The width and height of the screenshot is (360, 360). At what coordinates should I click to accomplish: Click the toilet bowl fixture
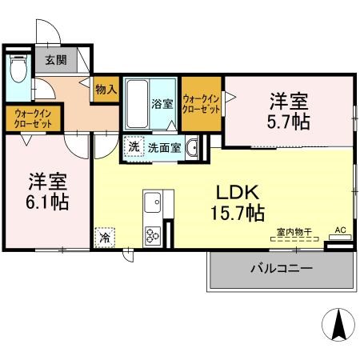pyautogui.click(x=18, y=68)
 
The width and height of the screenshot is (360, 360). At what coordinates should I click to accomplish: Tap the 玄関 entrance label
pyautogui.click(x=56, y=60)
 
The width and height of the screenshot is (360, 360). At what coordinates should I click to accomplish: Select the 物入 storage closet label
pyautogui.click(x=106, y=90)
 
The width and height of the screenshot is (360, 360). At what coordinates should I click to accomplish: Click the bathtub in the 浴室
pyautogui.click(x=138, y=104)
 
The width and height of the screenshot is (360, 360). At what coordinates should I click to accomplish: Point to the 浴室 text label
pyautogui.click(x=162, y=104)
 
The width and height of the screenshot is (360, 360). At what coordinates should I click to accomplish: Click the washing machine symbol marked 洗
pyautogui.click(x=134, y=146)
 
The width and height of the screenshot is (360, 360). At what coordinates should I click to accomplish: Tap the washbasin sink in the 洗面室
pyautogui.click(x=192, y=147)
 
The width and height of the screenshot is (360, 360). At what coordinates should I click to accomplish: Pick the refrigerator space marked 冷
pyautogui.click(x=105, y=238)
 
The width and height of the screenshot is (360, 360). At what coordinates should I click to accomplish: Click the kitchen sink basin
pyautogui.click(x=153, y=202)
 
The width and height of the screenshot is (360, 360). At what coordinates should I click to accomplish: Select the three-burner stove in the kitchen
pyautogui.click(x=153, y=235)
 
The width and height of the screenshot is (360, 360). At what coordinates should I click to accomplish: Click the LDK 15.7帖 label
pyautogui.click(x=238, y=203)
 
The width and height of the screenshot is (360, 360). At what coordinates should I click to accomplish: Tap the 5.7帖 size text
pyautogui.click(x=289, y=122)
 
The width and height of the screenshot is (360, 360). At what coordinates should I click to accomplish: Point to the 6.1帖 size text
pyautogui.click(x=47, y=202)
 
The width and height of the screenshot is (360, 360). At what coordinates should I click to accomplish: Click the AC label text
pyautogui.click(x=340, y=230)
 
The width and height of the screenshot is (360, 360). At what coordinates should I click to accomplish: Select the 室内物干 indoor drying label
pyautogui.click(x=294, y=232)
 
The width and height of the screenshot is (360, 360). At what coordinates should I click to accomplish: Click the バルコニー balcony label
pyautogui.click(x=282, y=269)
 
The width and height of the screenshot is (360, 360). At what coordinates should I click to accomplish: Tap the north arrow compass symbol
pyautogui.click(x=338, y=325)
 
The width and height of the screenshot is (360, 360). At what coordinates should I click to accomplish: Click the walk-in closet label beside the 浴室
pyautogui.click(x=202, y=104)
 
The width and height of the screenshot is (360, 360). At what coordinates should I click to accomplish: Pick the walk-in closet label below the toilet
pyautogui.click(x=33, y=119)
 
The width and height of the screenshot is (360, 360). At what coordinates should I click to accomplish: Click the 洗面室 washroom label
pyautogui.click(x=165, y=148)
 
